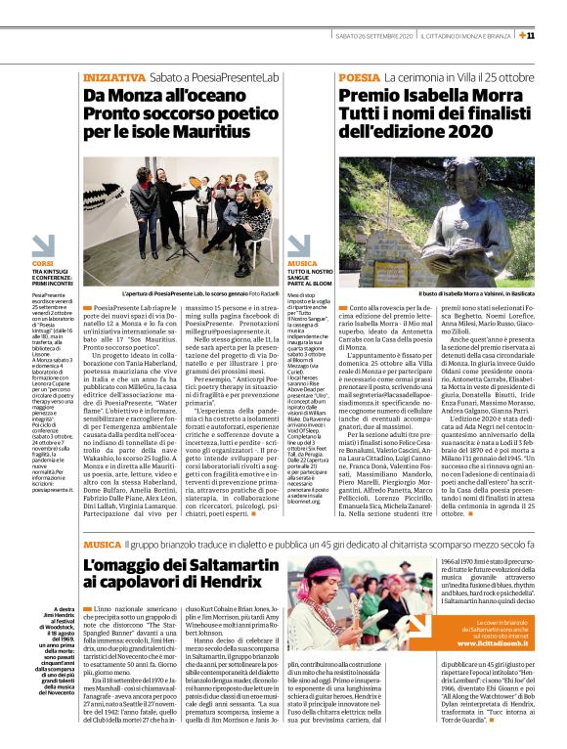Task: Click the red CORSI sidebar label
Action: pyautogui.click(x=43, y=263)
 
